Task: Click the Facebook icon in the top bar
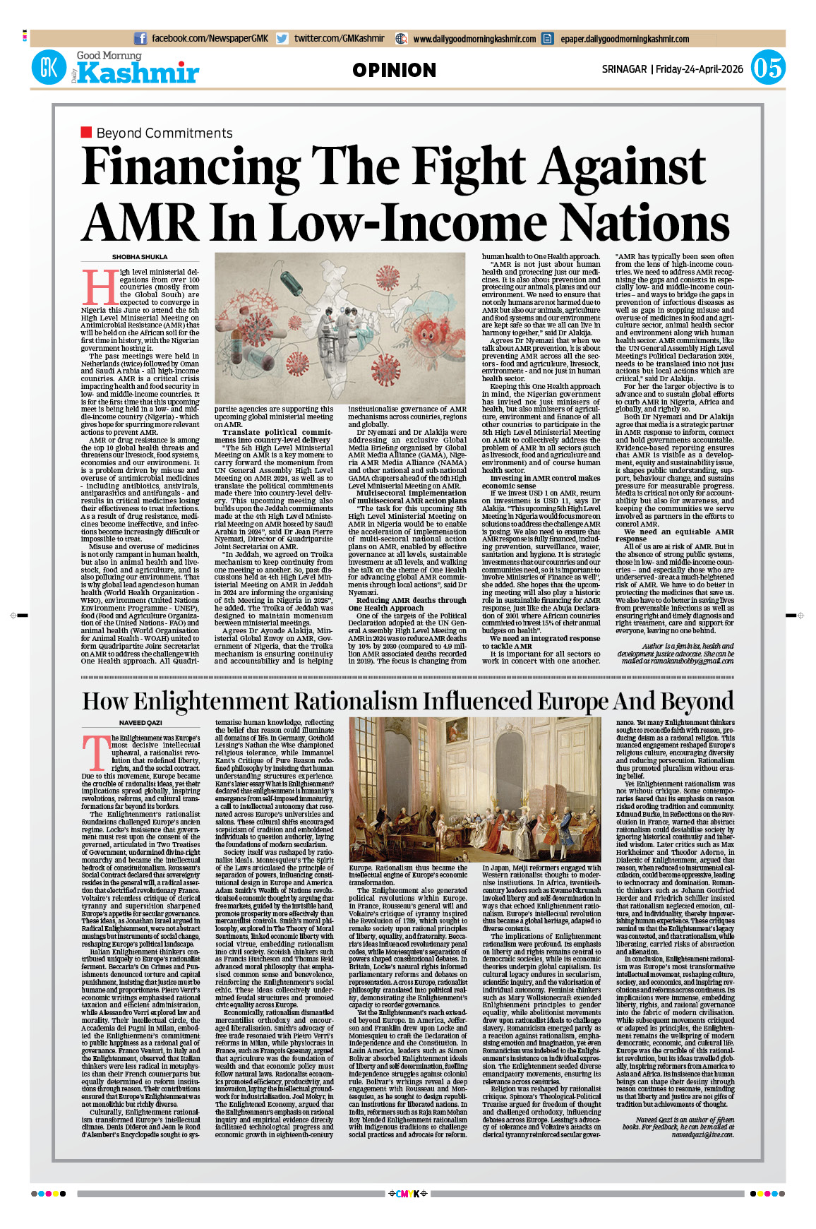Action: (x=140, y=39)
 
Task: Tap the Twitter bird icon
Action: (x=282, y=39)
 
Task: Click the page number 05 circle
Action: (x=767, y=68)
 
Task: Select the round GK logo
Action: (x=49, y=68)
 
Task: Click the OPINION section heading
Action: (x=394, y=70)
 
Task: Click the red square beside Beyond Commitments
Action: (x=87, y=132)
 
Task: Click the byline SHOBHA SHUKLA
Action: (x=140, y=257)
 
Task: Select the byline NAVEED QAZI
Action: (x=140, y=723)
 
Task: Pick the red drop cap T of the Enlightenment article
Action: (x=95, y=752)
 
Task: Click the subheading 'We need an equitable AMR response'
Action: (x=674, y=535)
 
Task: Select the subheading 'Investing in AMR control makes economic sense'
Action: (x=541, y=481)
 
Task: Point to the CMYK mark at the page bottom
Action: (x=408, y=1194)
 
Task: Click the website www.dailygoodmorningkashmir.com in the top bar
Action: (x=474, y=39)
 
